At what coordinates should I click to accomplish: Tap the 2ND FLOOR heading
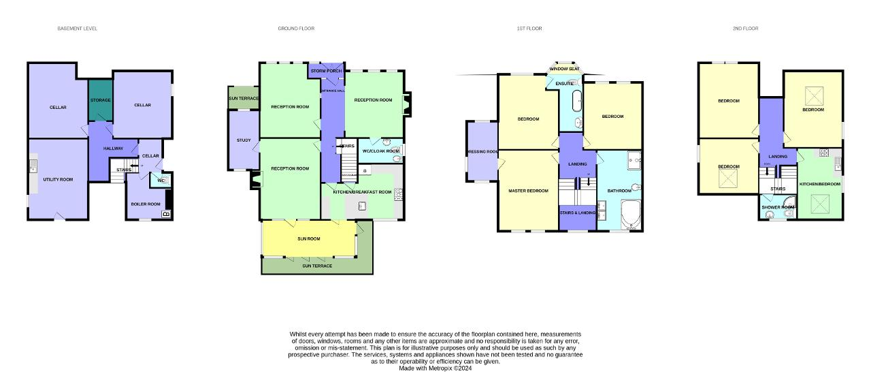click(x=745, y=29)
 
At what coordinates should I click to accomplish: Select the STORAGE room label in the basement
click(x=101, y=100)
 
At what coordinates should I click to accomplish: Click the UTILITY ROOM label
click(x=58, y=179)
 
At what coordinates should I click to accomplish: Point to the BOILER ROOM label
click(x=145, y=204)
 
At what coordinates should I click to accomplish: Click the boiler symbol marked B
click(x=165, y=215)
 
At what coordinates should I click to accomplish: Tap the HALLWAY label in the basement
click(x=113, y=149)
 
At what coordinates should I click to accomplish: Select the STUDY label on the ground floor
click(x=244, y=140)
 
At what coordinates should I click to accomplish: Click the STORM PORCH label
click(x=326, y=71)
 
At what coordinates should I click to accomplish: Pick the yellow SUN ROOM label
click(x=308, y=238)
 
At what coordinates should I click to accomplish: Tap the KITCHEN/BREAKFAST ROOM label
click(x=362, y=192)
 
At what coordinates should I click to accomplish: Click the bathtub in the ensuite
click(x=577, y=100)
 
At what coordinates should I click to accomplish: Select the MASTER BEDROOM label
click(x=528, y=191)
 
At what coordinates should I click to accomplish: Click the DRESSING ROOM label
click(x=483, y=152)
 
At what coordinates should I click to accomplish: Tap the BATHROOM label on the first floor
click(x=619, y=191)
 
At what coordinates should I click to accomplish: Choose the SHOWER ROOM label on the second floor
click(x=778, y=207)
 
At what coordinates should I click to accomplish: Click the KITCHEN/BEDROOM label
click(x=819, y=184)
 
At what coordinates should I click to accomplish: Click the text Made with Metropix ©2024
click(x=435, y=368)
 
